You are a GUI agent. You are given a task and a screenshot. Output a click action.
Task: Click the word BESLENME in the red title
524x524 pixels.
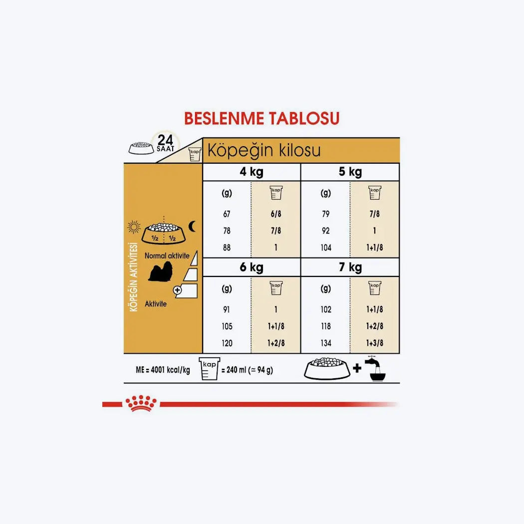tap(224, 119)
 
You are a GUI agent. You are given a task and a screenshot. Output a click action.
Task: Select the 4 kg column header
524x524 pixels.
tap(252, 172)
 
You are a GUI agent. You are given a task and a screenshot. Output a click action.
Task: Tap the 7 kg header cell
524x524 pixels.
tap(350, 267)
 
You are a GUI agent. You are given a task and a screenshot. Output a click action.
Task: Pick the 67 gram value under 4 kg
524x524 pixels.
tap(227, 214)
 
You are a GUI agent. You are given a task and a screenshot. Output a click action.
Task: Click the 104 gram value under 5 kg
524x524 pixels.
tap(326, 248)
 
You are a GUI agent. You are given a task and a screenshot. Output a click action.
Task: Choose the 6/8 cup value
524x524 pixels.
tap(276, 214)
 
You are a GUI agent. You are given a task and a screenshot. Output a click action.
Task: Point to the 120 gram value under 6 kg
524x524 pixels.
tap(227, 343)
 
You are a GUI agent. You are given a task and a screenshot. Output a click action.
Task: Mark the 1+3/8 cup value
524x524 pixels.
tap(375, 343)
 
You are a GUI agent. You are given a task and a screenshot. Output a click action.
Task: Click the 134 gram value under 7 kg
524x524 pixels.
tap(326, 343)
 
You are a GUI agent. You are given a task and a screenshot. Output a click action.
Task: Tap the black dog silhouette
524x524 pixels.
tap(161, 271)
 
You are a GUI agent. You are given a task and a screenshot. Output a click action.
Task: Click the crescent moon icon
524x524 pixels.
tap(193, 227)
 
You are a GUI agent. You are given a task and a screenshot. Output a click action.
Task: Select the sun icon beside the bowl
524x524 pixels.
tap(134, 227)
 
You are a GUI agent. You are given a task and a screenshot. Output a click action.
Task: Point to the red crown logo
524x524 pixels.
tap(141, 403)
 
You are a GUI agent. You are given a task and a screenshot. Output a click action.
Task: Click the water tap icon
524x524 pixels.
tap(376, 369)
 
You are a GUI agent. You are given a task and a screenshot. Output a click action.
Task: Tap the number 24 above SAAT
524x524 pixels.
tap(165, 140)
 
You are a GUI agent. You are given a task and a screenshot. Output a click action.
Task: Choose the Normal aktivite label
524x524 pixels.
tap(167, 256)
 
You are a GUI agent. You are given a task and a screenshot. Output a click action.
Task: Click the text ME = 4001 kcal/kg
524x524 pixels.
tap(163, 370)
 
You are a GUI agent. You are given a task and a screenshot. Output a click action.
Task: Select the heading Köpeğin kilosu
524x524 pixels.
tap(264, 151)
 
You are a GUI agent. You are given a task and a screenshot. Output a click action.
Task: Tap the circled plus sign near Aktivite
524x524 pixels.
tap(178, 290)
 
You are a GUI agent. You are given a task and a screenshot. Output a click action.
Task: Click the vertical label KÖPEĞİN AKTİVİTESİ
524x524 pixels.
tap(134, 277)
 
